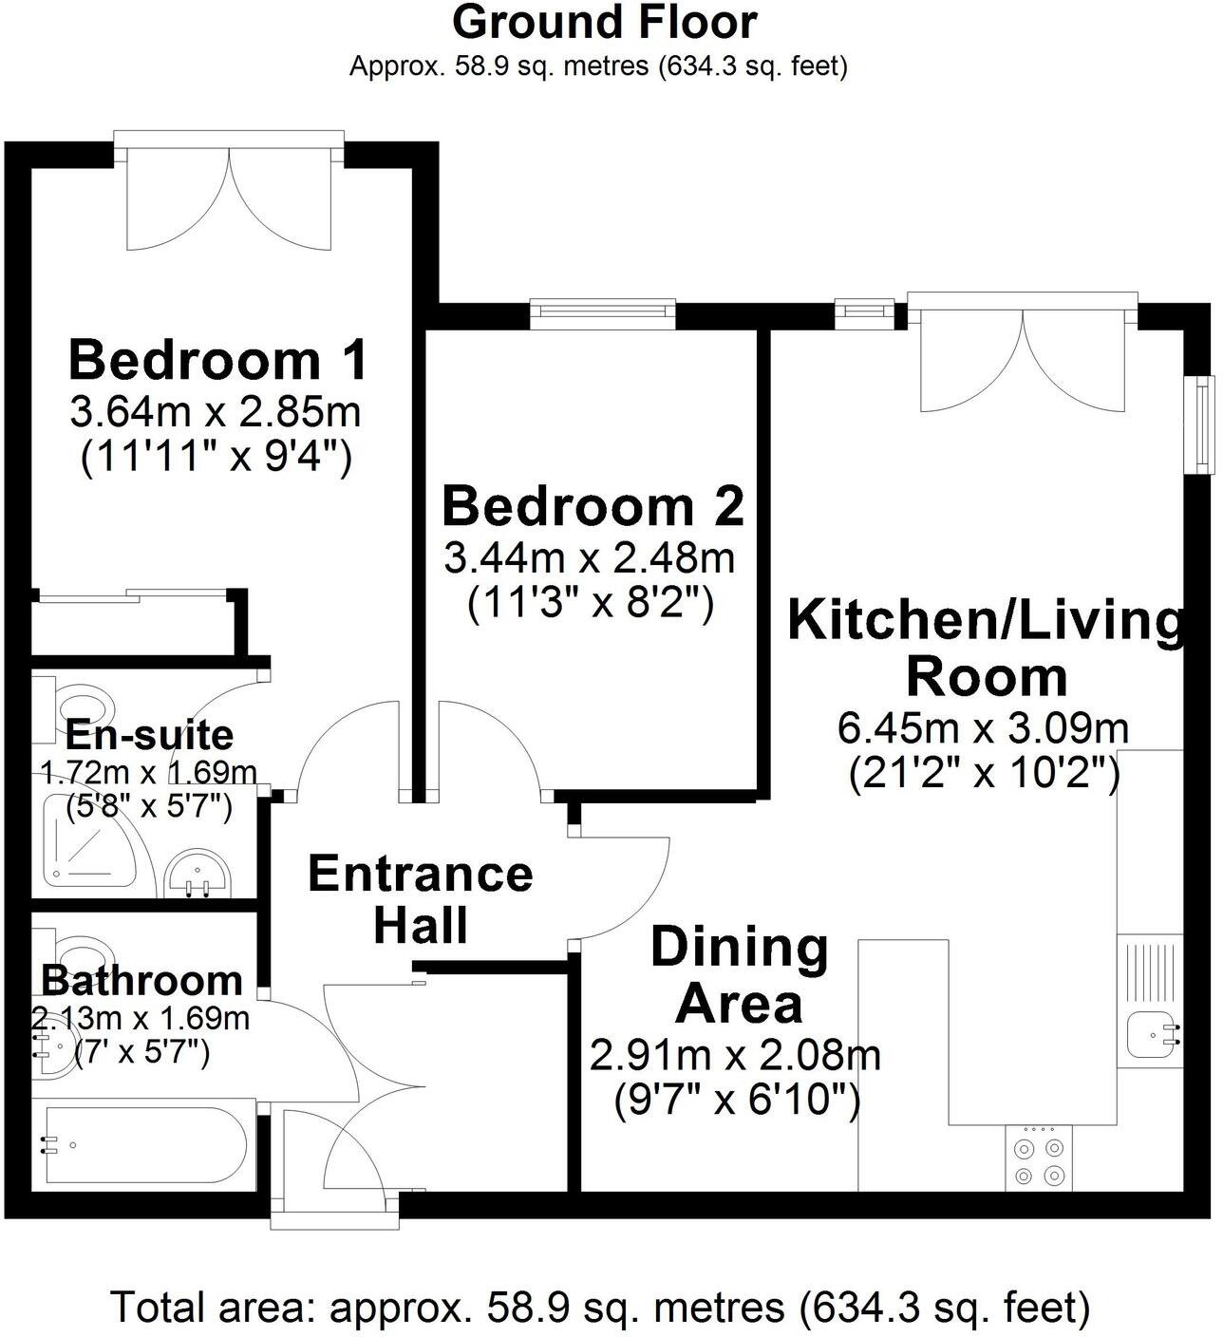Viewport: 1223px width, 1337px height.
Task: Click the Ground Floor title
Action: click(604, 23)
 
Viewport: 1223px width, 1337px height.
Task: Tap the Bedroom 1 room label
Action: click(217, 360)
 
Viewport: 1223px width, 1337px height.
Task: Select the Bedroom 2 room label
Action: click(593, 506)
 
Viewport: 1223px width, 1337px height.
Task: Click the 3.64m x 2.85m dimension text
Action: click(216, 413)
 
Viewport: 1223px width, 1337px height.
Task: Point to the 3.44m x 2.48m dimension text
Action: click(590, 558)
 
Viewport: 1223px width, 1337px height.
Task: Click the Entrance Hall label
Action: click(421, 898)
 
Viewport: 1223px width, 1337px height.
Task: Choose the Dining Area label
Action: click(740, 975)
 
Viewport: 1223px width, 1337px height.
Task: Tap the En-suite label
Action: click(149, 735)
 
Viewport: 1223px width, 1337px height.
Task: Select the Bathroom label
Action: click(141, 980)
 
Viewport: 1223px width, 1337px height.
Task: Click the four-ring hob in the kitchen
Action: click(1038, 1160)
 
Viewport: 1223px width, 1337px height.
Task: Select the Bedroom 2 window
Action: click(603, 312)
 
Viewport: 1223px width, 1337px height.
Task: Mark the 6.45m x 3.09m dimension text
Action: click(983, 729)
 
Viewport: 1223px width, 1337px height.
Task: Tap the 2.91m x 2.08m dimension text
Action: click(735, 1055)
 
